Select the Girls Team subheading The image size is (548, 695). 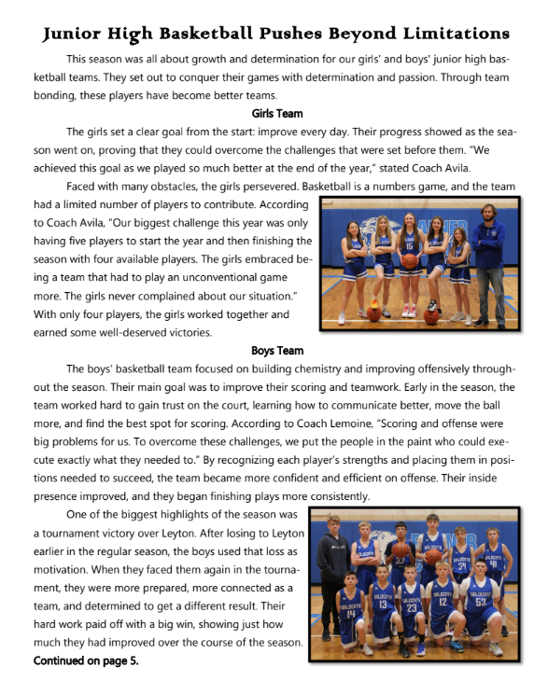pos(277,114)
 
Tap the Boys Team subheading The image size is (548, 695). pos(277,351)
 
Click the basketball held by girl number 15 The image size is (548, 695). pos(411,260)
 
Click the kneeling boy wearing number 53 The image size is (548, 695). pos(481,606)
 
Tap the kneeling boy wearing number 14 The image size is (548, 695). pos(352,611)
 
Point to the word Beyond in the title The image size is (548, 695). pos(346,35)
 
